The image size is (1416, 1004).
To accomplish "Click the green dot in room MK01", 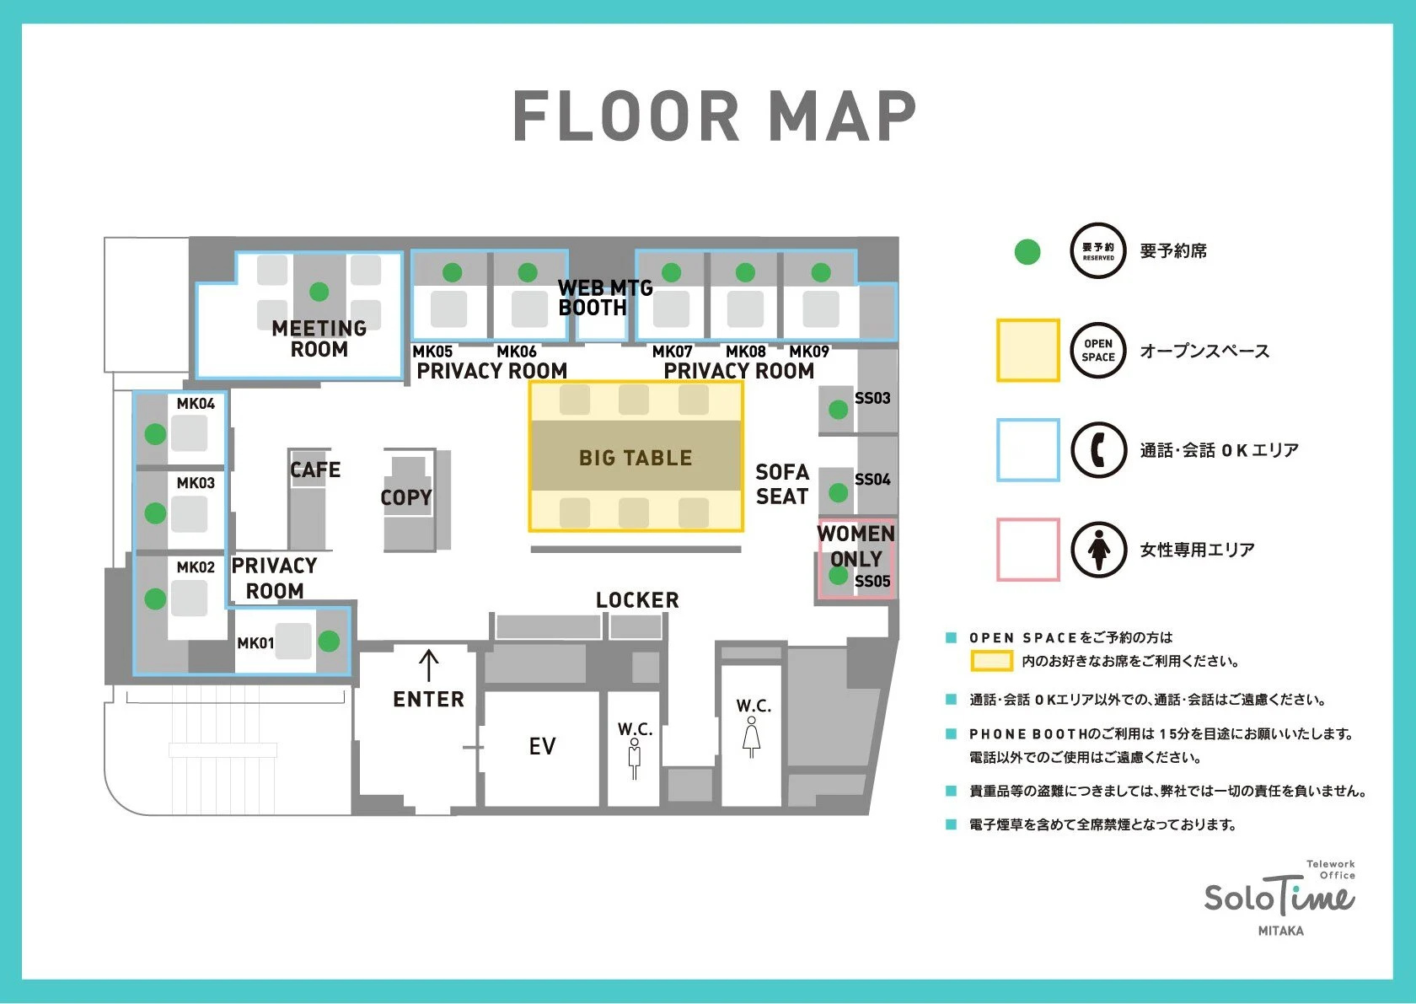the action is pyautogui.click(x=329, y=641).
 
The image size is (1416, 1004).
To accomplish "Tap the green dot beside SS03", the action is pyautogui.click(x=838, y=410).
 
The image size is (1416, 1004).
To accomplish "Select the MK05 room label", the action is pyautogui.click(x=432, y=352).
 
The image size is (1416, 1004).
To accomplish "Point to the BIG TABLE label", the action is pyautogui.click(x=636, y=458).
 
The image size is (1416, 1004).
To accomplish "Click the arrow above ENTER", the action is pyautogui.click(x=428, y=665).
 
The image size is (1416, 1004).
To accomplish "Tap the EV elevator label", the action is pyautogui.click(x=543, y=746).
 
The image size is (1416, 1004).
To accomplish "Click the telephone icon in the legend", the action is pyautogui.click(x=1099, y=450).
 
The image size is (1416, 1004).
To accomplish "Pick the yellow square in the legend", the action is pyautogui.click(x=1028, y=351).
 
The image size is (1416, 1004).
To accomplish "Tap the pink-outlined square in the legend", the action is pyautogui.click(x=1028, y=550).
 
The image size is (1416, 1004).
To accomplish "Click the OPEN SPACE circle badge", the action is pyautogui.click(x=1099, y=351).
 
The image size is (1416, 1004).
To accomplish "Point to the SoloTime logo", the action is pyautogui.click(x=1280, y=898).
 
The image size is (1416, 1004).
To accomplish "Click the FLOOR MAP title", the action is pyautogui.click(x=715, y=115).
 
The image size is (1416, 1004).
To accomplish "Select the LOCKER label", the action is pyautogui.click(x=637, y=600).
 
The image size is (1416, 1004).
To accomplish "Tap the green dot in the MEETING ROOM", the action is pyautogui.click(x=319, y=292).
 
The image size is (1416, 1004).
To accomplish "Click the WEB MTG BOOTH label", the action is pyautogui.click(x=605, y=298).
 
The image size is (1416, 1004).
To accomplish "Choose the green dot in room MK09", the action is pyautogui.click(x=821, y=272).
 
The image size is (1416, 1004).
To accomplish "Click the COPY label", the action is pyautogui.click(x=406, y=497).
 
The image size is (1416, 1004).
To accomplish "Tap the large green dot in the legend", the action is pyautogui.click(x=1027, y=251).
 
